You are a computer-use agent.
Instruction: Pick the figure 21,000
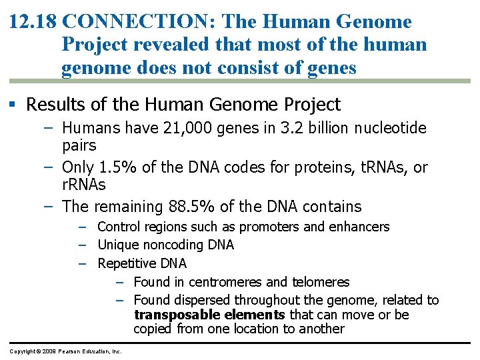click(187, 128)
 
